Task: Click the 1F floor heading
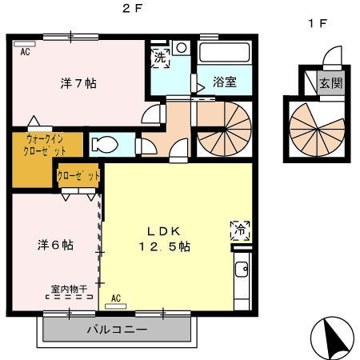318,22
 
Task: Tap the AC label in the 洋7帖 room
25,51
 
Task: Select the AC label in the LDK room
116,298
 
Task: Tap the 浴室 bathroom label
225,82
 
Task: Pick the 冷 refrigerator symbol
238,227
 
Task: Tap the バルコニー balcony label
117,329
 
